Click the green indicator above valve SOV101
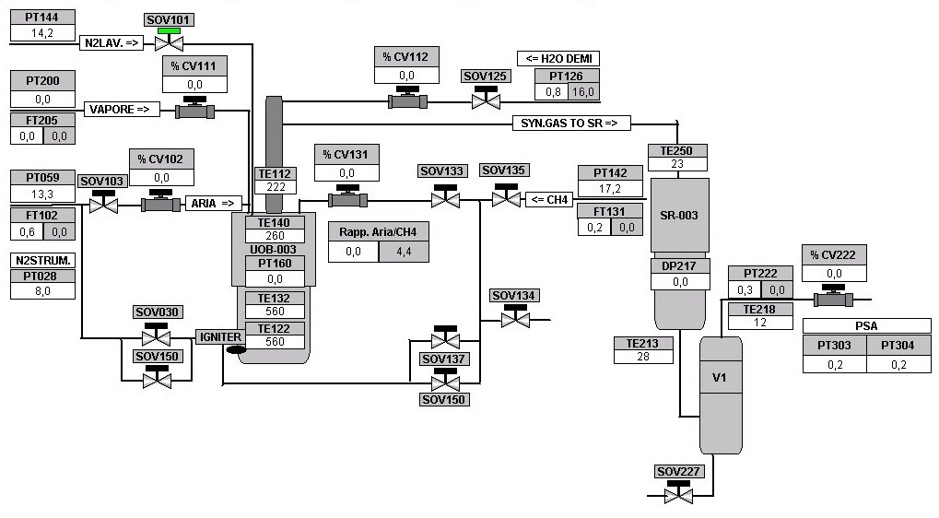[x=169, y=30]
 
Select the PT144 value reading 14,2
[x=41, y=33]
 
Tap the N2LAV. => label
[x=112, y=42]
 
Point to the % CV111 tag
[x=194, y=65]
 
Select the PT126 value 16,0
[x=583, y=92]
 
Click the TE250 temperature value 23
[x=676, y=165]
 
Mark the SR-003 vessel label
[x=679, y=216]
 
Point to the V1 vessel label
[x=720, y=377]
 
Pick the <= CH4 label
[x=548, y=199]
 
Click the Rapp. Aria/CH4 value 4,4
[x=404, y=251]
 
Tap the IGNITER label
[x=220, y=337]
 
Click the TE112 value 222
[x=276, y=187]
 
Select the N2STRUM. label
[x=42, y=261]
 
